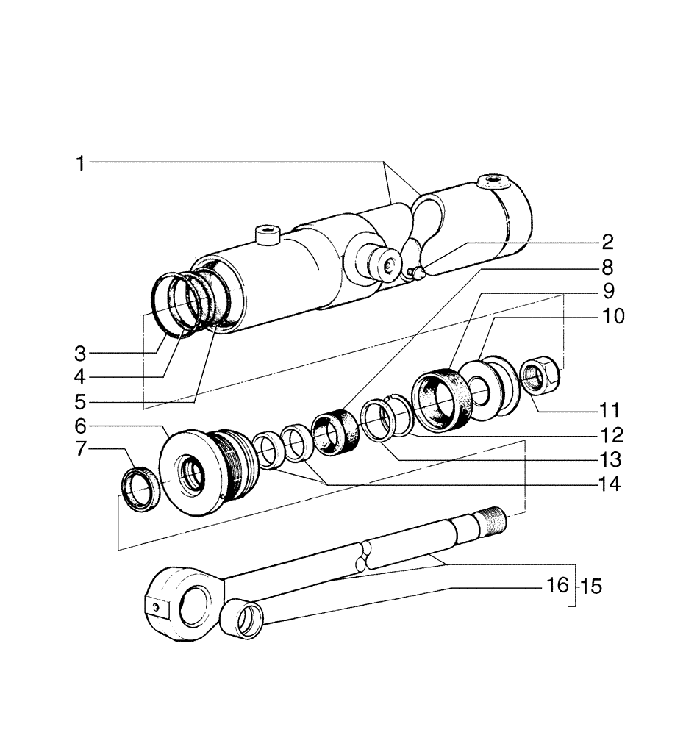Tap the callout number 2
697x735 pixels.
click(607, 243)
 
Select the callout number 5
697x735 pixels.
click(80, 402)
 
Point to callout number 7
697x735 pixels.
click(80, 449)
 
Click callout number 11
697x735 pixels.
click(610, 409)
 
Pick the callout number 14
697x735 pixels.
click(610, 485)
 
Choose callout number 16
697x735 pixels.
click(558, 585)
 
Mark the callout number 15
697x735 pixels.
click(591, 587)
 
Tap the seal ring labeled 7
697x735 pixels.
click(139, 489)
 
